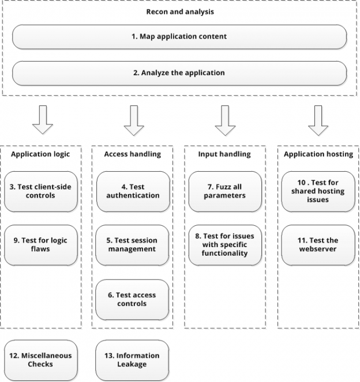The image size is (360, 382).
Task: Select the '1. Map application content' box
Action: tap(179, 36)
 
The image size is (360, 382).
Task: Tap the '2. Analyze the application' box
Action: tap(179, 73)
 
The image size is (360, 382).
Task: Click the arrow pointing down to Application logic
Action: tap(42, 120)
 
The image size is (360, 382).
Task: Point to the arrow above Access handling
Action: tap(133, 120)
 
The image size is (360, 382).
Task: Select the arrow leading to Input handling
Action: tap(226, 120)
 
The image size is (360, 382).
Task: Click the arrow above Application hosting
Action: tap(318, 120)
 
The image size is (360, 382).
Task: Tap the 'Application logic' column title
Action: tap(41, 154)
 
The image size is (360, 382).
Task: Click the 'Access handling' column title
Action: tap(133, 154)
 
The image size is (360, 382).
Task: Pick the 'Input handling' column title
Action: tap(225, 154)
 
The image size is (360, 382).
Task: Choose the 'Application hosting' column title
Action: tap(318, 154)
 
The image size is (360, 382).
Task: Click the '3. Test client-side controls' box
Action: tap(41, 191)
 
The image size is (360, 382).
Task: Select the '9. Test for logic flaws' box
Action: tap(41, 245)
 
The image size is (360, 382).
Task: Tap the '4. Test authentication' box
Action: tap(133, 191)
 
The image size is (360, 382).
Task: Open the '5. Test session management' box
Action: tap(133, 245)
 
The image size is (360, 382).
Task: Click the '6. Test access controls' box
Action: tap(133, 300)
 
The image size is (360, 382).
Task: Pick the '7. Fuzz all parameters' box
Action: tap(225, 191)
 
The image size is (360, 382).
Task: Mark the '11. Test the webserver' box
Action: tap(318, 245)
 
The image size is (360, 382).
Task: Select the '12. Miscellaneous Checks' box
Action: tap(41, 360)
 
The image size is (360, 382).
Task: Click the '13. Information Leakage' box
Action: tap(133, 360)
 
